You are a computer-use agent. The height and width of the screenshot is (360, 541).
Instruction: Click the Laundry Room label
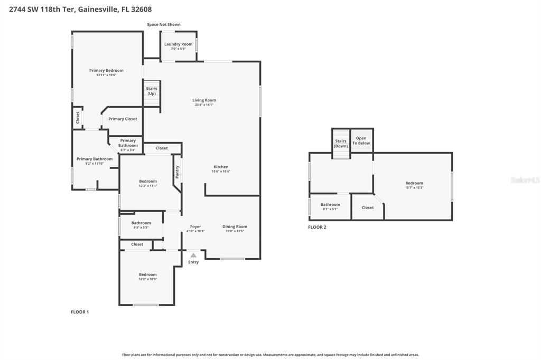pos(178,44)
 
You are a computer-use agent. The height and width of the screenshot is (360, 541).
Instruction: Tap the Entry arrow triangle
pos(193,255)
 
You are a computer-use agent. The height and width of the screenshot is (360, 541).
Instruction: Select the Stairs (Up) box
pos(152,91)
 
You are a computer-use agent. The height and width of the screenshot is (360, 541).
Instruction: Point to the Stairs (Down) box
pos(341,143)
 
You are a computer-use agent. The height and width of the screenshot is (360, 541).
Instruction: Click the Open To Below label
pos(361,140)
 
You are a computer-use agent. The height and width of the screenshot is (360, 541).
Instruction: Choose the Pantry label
pos(177,172)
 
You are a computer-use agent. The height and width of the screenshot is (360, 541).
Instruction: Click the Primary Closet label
pos(123,119)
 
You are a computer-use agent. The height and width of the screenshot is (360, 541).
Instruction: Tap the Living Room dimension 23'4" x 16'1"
pos(203,105)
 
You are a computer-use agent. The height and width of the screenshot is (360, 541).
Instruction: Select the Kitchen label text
pos(221,167)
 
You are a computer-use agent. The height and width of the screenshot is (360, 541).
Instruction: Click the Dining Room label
pos(235,226)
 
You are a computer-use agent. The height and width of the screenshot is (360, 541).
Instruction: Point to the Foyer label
pos(195,226)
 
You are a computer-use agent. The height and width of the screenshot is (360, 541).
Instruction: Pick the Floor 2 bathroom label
pos(330,204)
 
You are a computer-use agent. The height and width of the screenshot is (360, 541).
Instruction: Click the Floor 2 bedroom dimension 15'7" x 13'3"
pos(414,187)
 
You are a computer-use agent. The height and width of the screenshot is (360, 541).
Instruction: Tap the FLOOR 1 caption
pos(80,312)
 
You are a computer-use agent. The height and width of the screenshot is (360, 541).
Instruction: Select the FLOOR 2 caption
pos(317,227)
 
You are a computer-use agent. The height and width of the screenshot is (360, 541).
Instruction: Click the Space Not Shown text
pos(164,24)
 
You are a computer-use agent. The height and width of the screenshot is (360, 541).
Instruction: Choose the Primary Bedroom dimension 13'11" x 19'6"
pos(106,75)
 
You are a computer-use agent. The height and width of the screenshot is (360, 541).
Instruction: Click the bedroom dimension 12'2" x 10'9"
pos(148,279)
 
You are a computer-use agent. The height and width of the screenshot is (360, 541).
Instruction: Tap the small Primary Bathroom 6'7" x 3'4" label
pos(128,150)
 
